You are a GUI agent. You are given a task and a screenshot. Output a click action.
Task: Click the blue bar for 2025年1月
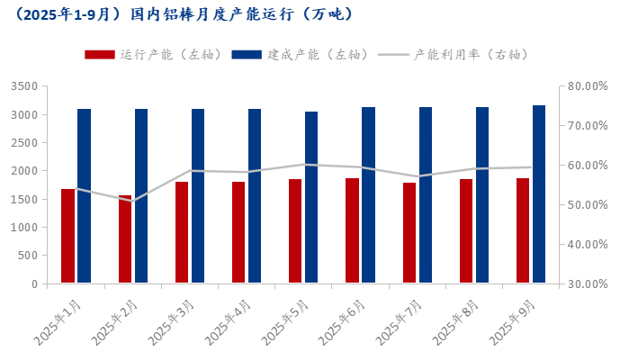84,196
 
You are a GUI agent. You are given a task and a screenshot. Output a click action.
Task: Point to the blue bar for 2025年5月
311,197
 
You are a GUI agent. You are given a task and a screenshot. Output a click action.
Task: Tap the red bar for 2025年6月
353,230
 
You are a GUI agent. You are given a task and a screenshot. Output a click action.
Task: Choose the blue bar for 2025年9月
538,194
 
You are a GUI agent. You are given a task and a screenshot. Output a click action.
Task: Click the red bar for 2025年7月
409,233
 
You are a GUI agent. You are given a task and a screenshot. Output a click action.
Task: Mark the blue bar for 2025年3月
197,196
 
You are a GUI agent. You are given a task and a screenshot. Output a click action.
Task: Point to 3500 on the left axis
23,86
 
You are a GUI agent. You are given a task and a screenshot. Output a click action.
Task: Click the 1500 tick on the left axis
23,199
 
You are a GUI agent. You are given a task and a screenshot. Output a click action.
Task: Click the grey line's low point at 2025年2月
133,202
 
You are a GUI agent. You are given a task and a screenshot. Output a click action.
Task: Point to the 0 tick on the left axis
33,283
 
